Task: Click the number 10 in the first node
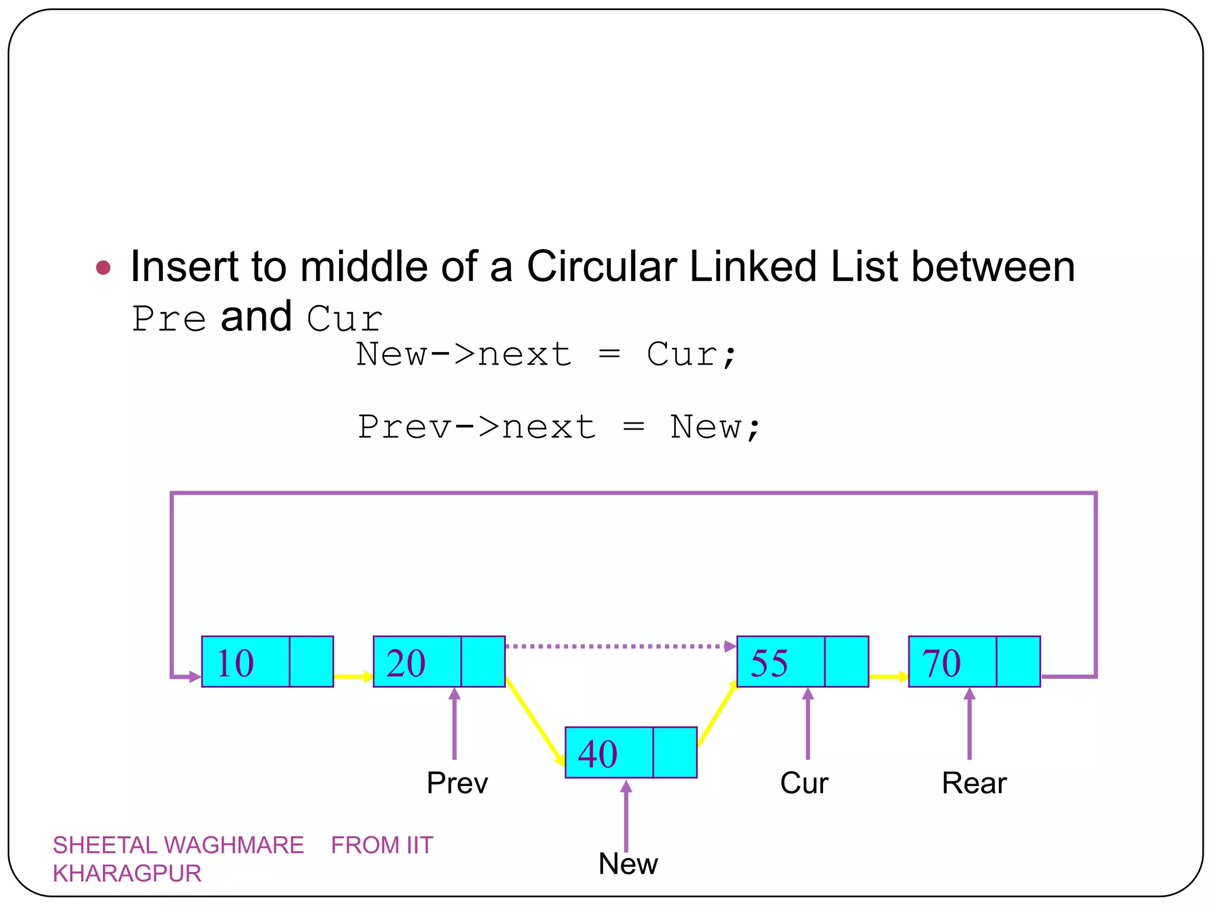236,663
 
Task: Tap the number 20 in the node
406,663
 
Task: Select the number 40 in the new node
598,753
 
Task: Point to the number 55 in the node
769,663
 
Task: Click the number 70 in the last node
941,663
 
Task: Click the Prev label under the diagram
457,783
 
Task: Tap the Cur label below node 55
804,783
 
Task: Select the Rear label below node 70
974,783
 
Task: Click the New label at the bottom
628,863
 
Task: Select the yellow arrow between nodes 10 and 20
353,676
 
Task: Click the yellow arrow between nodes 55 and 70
888,676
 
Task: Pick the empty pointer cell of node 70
1018,662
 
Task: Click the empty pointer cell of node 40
675,752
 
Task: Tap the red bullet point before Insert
104,267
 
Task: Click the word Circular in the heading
601,266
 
